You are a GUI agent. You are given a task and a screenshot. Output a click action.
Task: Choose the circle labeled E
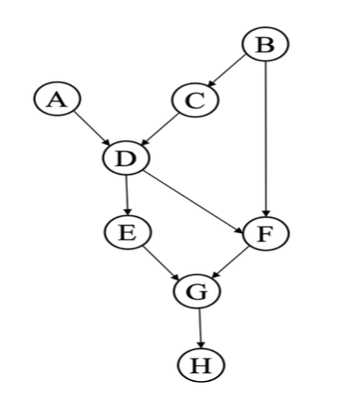[126, 233]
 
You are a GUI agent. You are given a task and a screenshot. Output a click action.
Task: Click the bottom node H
[200, 363]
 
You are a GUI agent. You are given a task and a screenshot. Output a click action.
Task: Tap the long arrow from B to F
[266, 140]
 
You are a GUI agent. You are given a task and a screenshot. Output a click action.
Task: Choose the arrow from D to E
[126, 195]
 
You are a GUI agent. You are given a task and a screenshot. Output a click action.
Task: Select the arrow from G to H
[198, 327]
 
